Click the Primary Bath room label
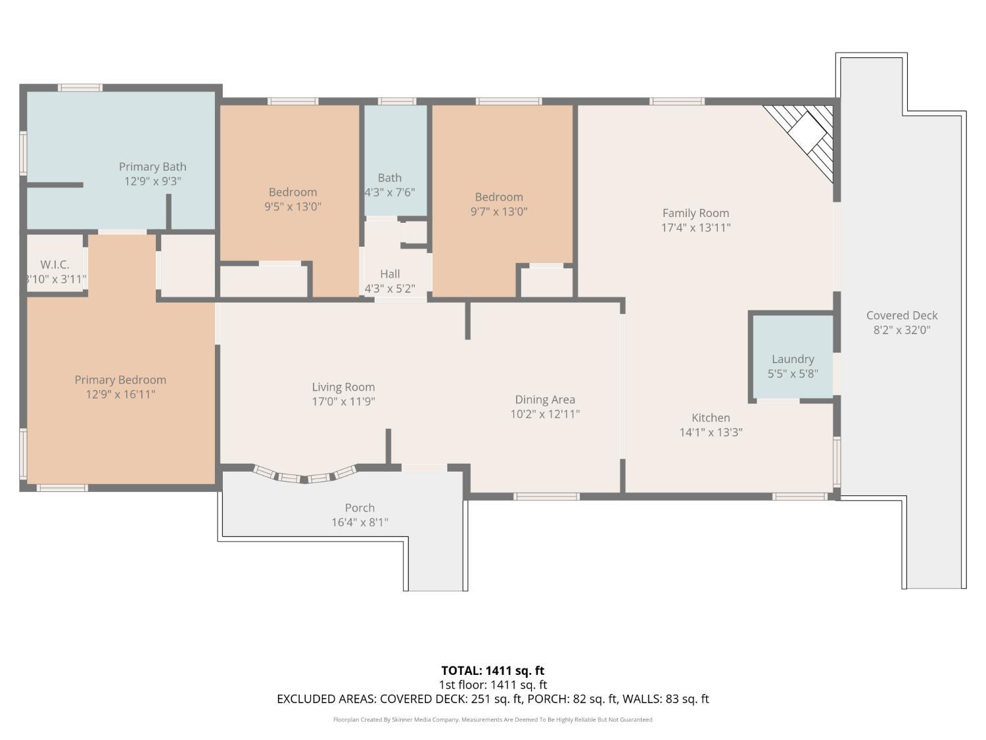pyautogui.click(x=153, y=166)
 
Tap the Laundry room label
pyautogui.click(x=792, y=359)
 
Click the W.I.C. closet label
pyautogui.click(x=55, y=264)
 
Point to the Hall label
pyautogui.click(x=389, y=274)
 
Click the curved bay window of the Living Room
pyautogui.click(x=304, y=474)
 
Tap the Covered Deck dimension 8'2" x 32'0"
pyautogui.click(x=902, y=330)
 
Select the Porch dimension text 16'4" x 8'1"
pyautogui.click(x=360, y=522)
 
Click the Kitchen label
pyautogui.click(x=711, y=418)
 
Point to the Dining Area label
pyautogui.click(x=545, y=400)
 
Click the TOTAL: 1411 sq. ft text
pyautogui.click(x=493, y=671)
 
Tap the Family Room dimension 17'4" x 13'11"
pyautogui.click(x=695, y=228)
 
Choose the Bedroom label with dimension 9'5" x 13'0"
pyautogui.click(x=293, y=192)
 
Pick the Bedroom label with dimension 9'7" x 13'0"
pyautogui.click(x=499, y=197)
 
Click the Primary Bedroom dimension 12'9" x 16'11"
pyautogui.click(x=120, y=395)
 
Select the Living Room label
pyautogui.click(x=343, y=387)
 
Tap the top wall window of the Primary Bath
pyautogui.click(x=80, y=87)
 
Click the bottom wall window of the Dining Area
pyautogui.click(x=546, y=497)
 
